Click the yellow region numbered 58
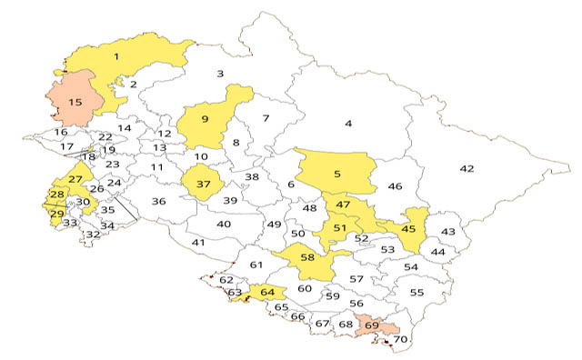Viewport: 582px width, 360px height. point(307,259)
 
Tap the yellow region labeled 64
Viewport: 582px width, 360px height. point(266,293)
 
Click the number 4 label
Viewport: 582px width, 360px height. point(347,123)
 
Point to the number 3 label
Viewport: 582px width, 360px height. point(219,74)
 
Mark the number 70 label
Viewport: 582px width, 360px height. point(400,340)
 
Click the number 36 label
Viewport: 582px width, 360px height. point(159,201)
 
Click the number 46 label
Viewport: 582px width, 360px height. point(395,186)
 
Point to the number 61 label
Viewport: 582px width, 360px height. point(256,265)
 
